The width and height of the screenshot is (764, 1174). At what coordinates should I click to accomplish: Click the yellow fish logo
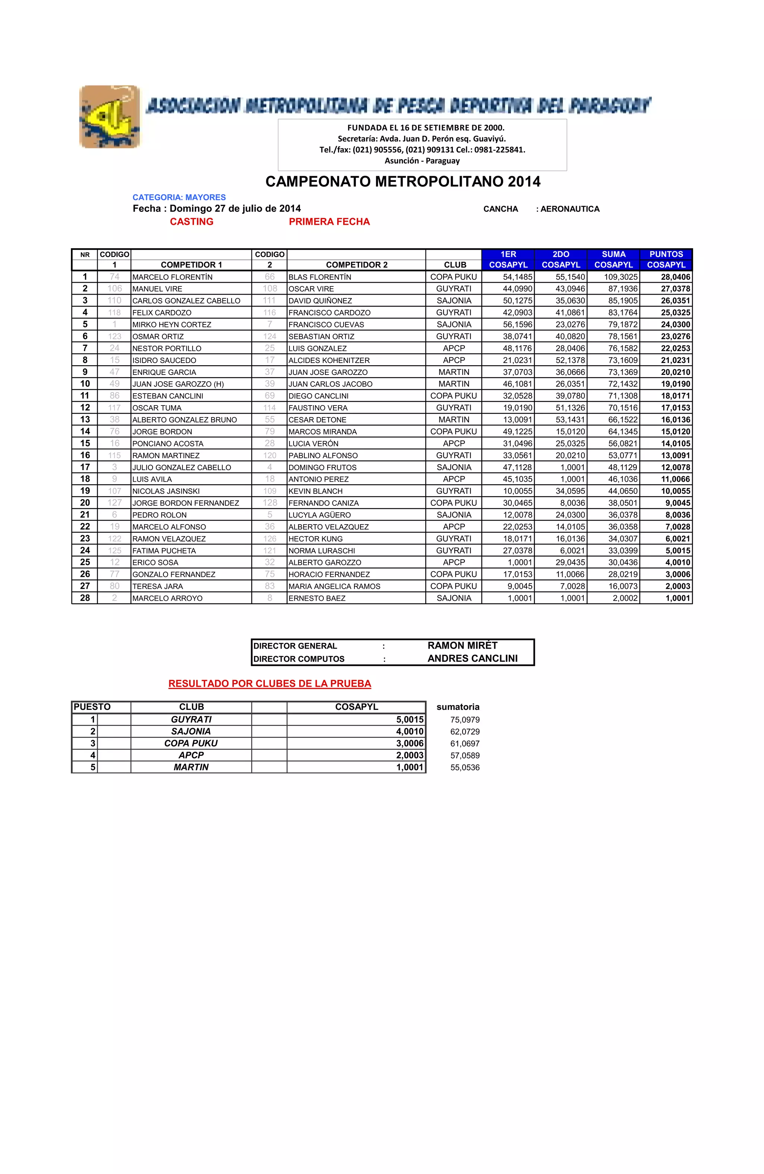109,117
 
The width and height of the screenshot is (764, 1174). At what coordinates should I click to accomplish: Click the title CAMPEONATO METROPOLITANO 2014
403,181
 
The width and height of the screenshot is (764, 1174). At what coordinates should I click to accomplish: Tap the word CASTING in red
191,221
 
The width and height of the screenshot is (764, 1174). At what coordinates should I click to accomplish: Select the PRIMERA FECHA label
329,221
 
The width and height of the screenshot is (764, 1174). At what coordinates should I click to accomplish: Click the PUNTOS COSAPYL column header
666,260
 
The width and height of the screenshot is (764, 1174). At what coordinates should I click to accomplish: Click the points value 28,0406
675,277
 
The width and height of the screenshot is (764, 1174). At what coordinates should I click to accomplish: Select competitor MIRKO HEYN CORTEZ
172,324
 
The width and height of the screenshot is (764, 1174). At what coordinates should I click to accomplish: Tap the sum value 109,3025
621,277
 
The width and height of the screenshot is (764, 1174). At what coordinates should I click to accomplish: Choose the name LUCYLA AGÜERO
319,515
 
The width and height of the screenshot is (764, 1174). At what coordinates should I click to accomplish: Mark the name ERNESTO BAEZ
317,598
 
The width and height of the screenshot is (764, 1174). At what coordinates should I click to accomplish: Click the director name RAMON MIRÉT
462,645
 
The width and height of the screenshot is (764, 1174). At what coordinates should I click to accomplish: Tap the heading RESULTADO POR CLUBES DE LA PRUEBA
270,684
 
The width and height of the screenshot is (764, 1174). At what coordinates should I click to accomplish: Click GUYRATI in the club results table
191,719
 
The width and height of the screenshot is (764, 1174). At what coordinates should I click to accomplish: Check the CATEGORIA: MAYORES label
179,197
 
